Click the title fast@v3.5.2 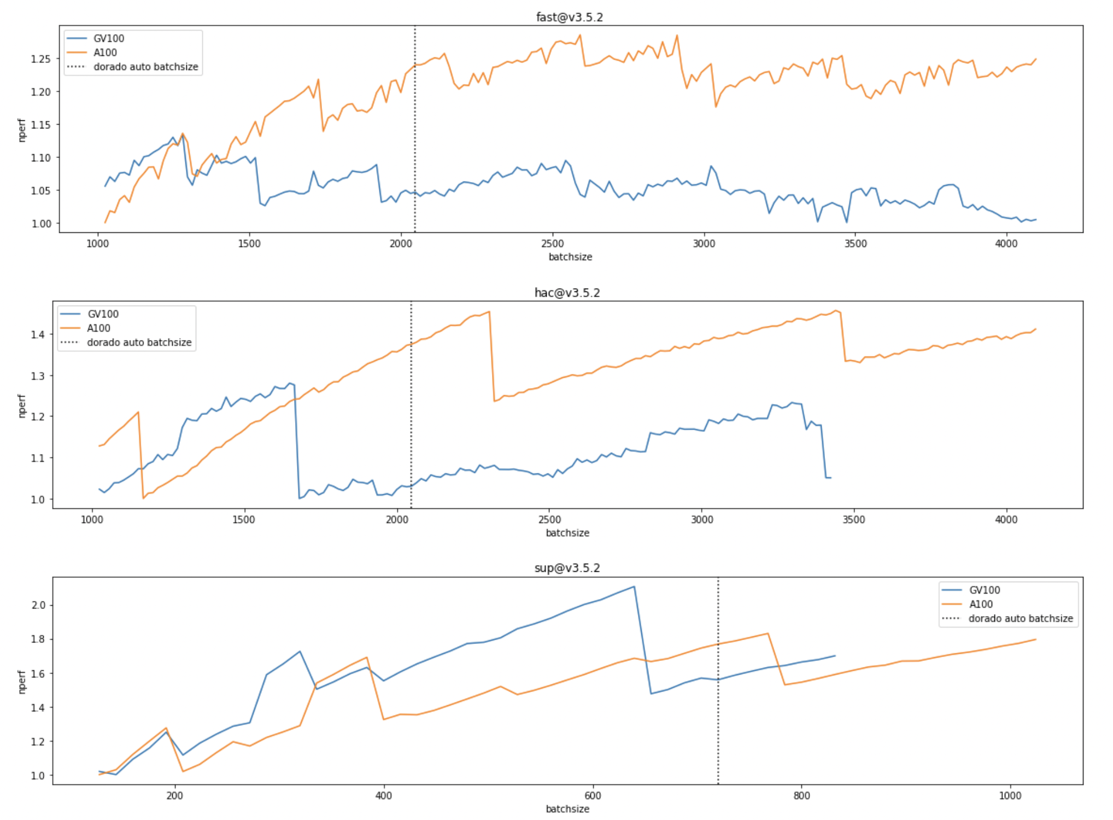(569, 17)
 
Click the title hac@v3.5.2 (567, 292)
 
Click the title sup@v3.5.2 (567, 568)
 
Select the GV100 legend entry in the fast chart (108, 38)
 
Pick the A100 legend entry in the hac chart (98, 328)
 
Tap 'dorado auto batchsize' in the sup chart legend (1020, 618)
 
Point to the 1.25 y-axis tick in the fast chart (41, 59)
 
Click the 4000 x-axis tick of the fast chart (1006, 244)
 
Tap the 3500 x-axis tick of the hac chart (853, 520)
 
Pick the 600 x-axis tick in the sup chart (593, 796)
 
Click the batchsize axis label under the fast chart (570, 257)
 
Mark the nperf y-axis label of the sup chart (22, 682)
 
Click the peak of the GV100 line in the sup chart (634, 587)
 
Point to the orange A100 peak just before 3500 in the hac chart (835, 311)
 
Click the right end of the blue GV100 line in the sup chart (835, 655)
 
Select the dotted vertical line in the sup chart (718, 711)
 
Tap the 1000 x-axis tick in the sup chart (1010, 796)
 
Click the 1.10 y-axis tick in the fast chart (41, 158)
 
